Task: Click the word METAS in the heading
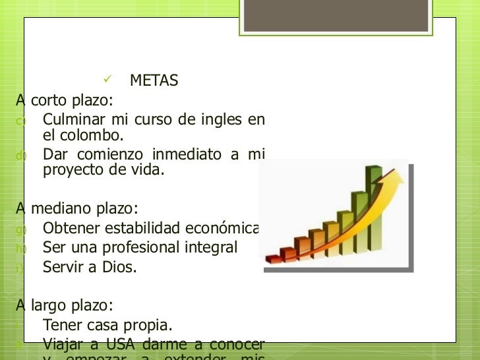(154, 81)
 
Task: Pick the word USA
(119, 344)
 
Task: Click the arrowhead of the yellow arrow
(398, 173)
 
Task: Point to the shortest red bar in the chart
(271, 255)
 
